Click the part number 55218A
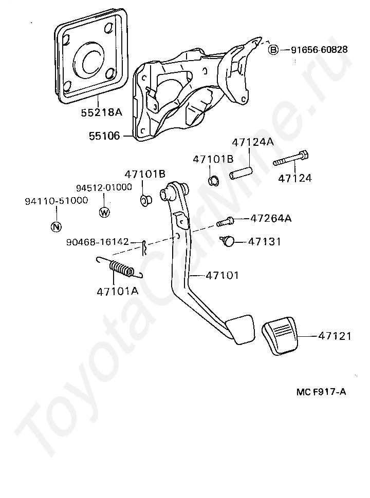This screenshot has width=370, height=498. coord(101,111)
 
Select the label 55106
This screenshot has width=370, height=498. coord(104,136)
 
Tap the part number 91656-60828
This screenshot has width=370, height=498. coord(319,50)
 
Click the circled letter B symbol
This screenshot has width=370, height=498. coord(273,50)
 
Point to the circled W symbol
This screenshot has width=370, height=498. coord(104,212)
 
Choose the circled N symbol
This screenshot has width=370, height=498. coord(56,226)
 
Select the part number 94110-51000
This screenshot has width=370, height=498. coord(56,201)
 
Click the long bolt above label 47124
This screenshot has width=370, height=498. coord(291,159)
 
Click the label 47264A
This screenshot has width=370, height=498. coord(271,218)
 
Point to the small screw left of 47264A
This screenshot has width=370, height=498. coord(225,222)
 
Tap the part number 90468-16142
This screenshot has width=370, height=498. coord(97,242)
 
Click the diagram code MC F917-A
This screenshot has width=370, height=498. coord(321,392)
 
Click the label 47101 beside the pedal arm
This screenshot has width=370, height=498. coord(222,275)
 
